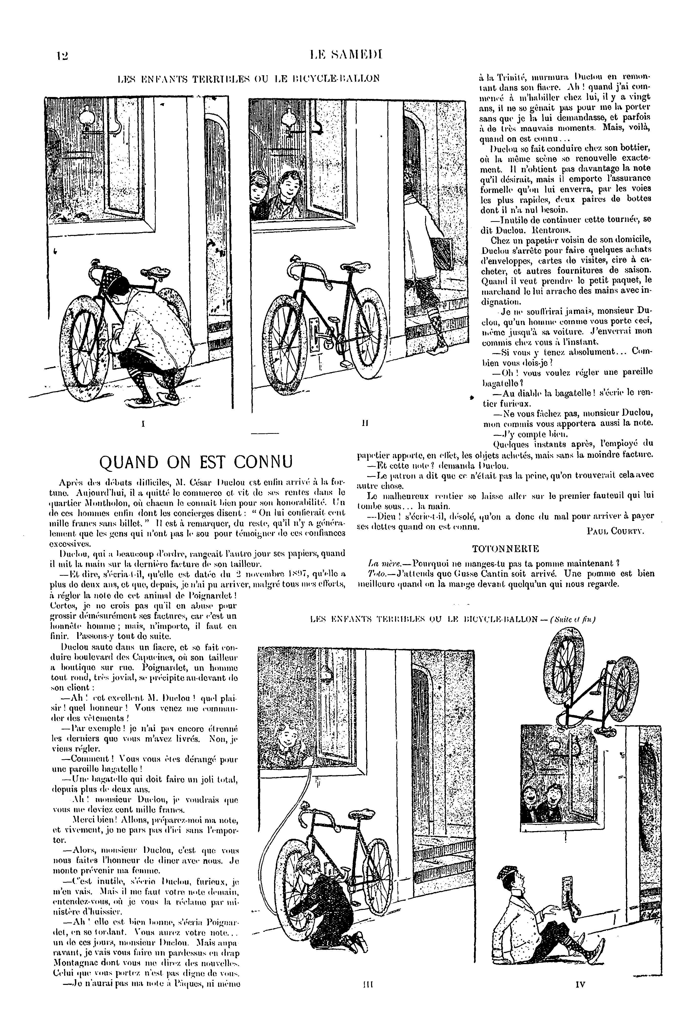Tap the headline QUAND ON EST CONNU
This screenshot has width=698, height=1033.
[196, 462]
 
